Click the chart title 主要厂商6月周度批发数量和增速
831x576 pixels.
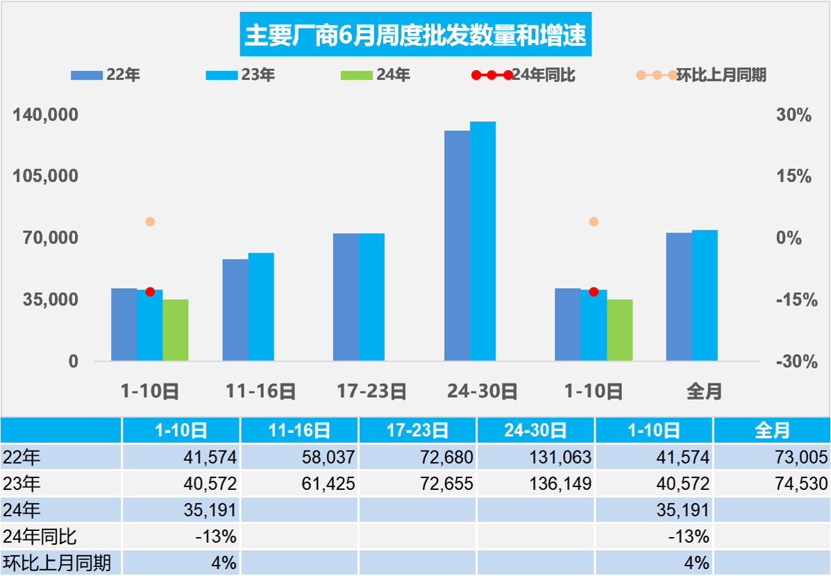click(415, 35)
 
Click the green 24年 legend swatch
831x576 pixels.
click(357, 75)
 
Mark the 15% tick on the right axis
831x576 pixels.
click(794, 177)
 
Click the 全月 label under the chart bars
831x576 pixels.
click(704, 391)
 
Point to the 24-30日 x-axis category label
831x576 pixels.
click(483, 391)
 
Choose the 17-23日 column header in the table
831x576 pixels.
click(417, 431)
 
